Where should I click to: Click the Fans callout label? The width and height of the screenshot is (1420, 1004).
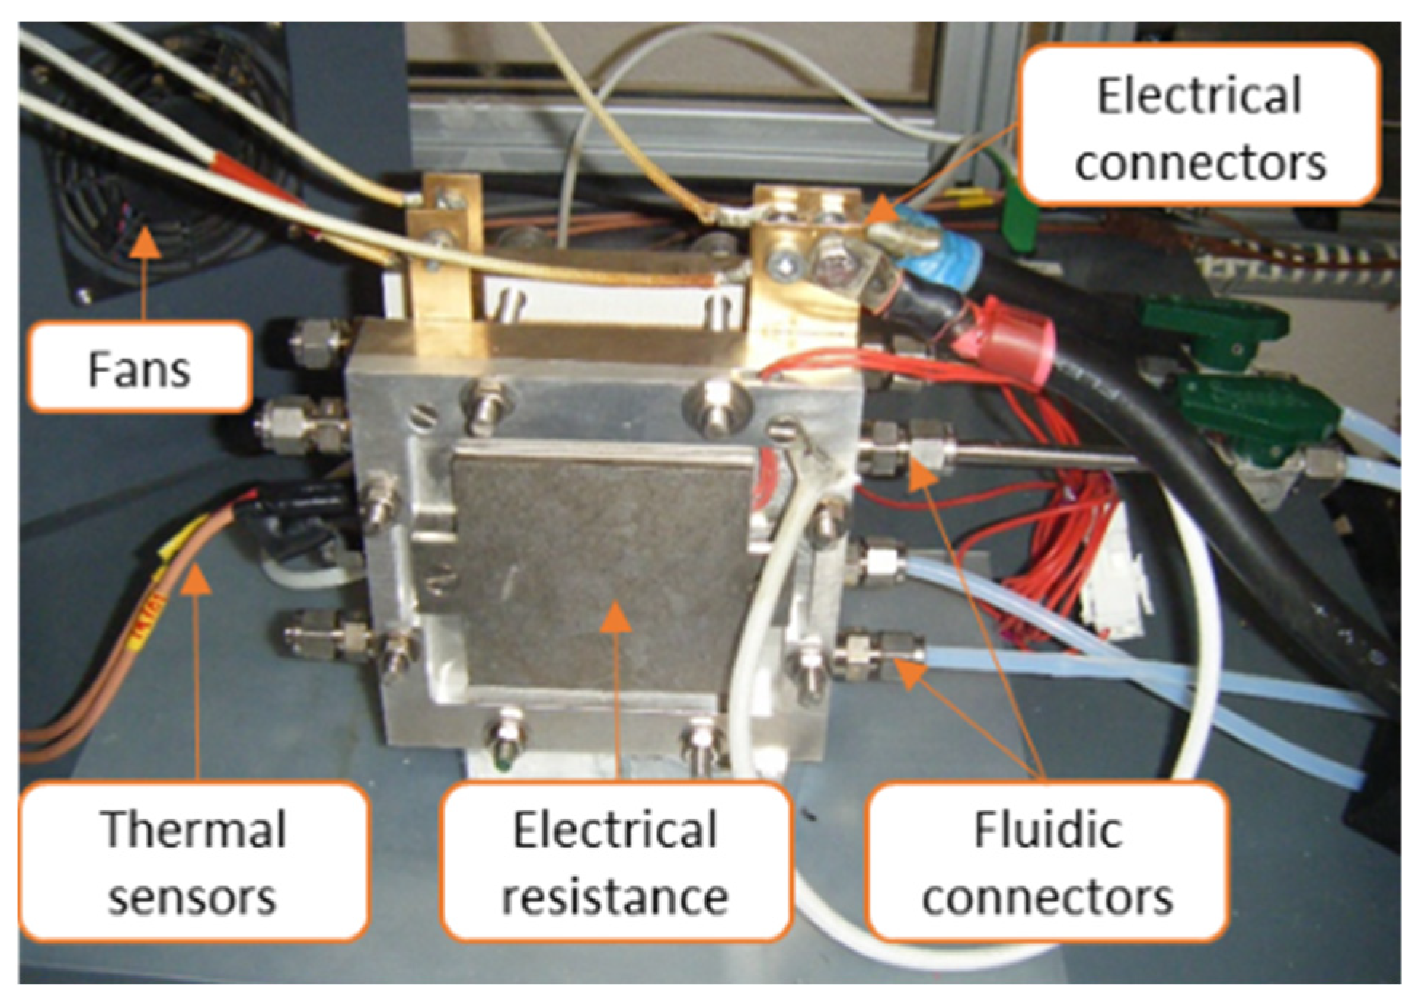(139, 368)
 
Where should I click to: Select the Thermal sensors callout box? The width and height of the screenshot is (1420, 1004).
(194, 861)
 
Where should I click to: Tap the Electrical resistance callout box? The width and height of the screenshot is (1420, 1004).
(616, 861)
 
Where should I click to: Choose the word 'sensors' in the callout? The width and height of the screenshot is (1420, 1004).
(192, 896)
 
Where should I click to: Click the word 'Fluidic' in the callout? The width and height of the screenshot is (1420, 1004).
(1048, 829)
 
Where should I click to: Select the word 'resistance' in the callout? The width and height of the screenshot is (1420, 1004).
(616, 896)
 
